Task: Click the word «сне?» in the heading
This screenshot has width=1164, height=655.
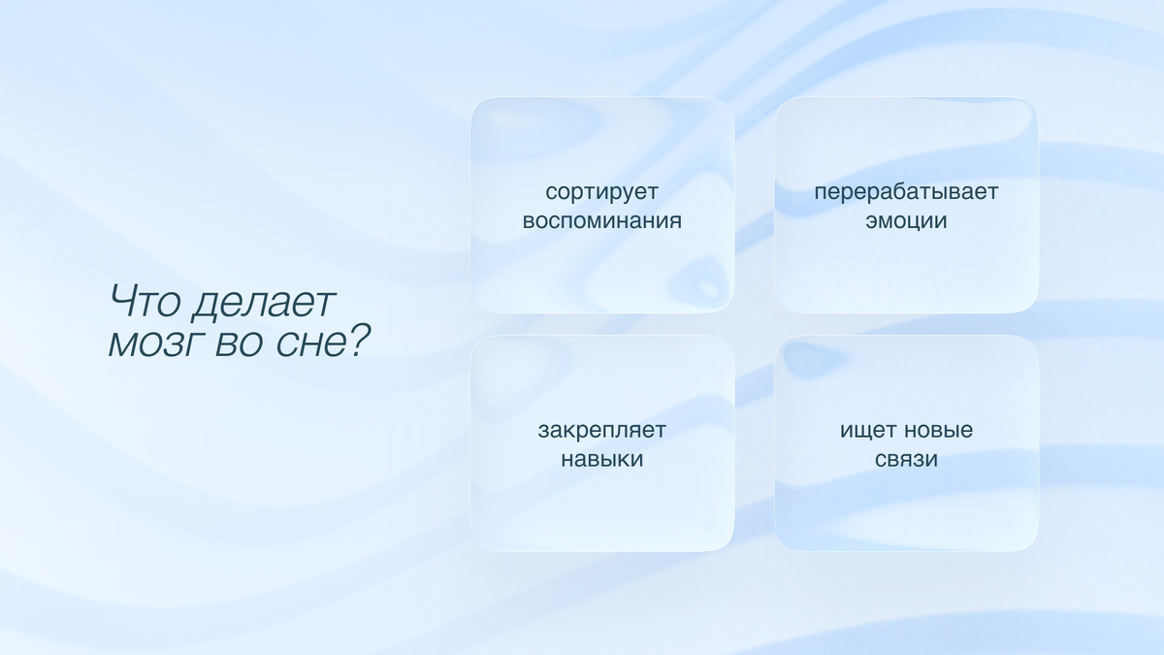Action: (x=321, y=344)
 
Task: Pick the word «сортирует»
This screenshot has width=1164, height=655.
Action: (x=602, y=192)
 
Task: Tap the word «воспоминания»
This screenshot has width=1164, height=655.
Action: (x=602, y=220)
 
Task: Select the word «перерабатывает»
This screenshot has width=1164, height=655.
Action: (x=906, y=192)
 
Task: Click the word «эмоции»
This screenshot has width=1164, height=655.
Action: (x=906, y=220)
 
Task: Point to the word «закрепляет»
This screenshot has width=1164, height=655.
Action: (x=602, y=430)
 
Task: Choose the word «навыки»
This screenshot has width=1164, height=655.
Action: (x=602, y=458)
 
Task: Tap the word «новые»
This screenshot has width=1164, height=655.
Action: (x=938, y=430)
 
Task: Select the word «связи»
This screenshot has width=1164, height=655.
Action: (x=906, y=458)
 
